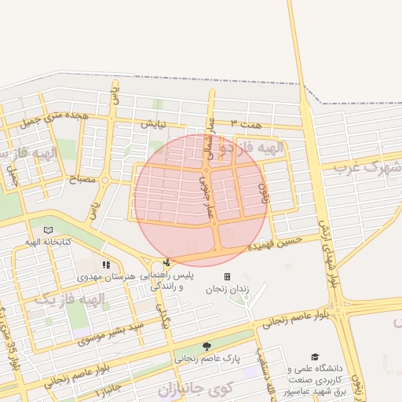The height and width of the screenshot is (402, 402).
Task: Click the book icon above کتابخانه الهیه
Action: pos(49,229)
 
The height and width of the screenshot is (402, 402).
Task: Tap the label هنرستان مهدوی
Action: pos(107,278)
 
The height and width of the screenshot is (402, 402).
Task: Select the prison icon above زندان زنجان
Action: pos(227,277)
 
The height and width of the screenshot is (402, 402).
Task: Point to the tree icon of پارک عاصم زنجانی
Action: pos(206,346)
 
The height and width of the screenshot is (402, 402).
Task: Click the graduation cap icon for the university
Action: pos(315,356)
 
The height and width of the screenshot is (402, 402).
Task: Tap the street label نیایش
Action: pos(153,124)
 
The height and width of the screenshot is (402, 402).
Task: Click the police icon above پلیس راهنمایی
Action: pos(166,263)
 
